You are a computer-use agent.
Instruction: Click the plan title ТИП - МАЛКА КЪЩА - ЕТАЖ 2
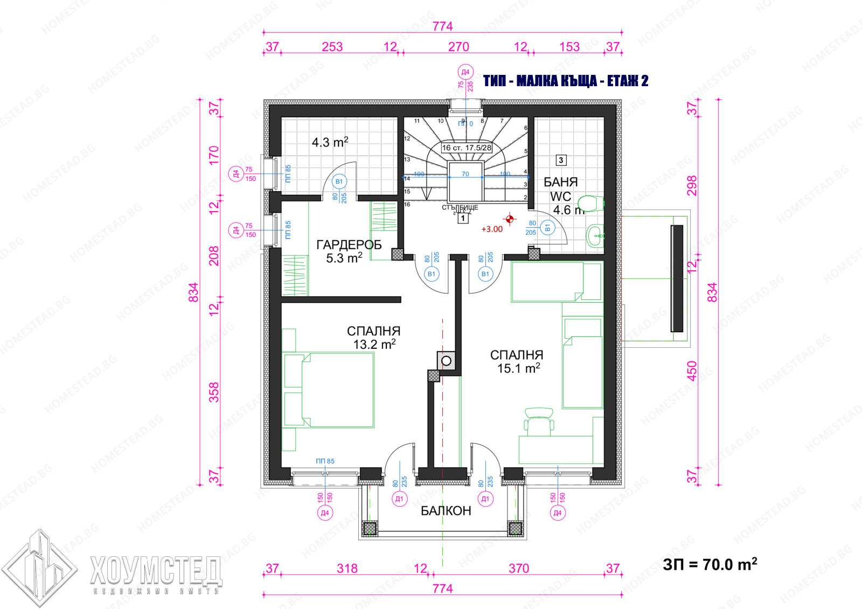(x=566, y=81)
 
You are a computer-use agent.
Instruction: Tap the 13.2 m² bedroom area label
(x=374, y=344)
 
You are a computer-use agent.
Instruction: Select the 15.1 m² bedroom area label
(x=518, y=368)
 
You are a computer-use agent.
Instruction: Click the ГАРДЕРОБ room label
(x=349, y=245)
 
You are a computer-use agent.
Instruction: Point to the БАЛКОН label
(x=446, y=510)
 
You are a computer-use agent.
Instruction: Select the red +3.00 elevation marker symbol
(x=509, y=219)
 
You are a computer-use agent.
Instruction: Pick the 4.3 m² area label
(x=330, y=142)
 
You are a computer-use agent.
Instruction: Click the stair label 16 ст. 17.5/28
(x=467, y=148)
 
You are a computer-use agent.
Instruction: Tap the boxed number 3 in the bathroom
(x=561, y=160)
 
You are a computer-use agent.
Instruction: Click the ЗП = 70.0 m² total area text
(x=710, y=564)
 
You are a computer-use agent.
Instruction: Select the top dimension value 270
(x=458, y=47)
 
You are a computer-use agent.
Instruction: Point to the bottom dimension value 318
(x=347, y=568)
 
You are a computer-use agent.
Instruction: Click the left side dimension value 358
(x=214, y=392)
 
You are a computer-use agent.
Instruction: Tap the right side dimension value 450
(x=692, y=370)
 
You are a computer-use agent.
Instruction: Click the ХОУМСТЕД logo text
(x=156, y=571)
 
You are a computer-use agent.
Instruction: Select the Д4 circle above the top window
(x=465, y=72)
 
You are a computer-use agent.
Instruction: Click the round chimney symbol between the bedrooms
(x=446, y=361)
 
